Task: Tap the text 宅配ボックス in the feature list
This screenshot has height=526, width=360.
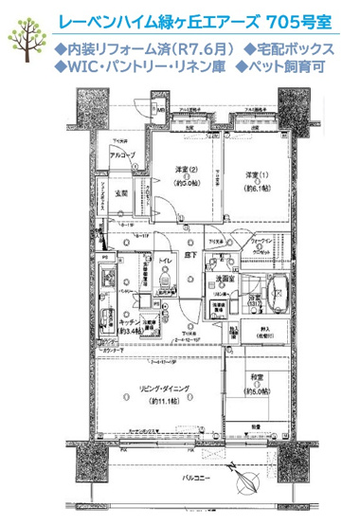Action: pyautogui.click(x=293, y=47)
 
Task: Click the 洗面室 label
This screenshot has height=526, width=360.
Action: pyautogui.click(x=225, y=281)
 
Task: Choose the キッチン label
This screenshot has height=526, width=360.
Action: pyautogui.click(x=129, y=324)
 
